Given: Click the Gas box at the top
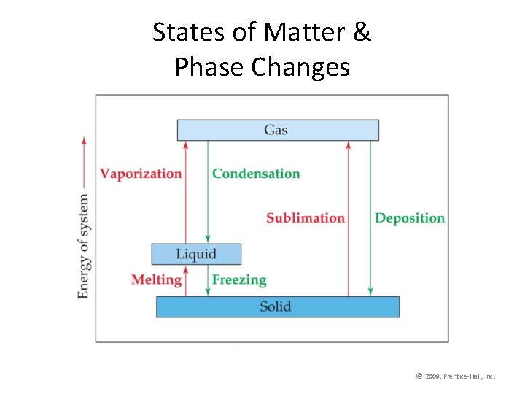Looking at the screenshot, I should click(x=277, y=130).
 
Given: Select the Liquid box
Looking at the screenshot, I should click(x=196, y=254).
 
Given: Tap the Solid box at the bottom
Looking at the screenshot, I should click(x=277, y=306).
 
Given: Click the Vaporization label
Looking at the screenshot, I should click(x=141, y=174).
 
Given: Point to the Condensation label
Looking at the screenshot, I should click(x=256, y=174).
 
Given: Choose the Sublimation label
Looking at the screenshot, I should click(x=305, y=218).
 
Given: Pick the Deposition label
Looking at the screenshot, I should click(x=409, y=218).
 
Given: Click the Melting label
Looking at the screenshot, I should click(x=156, y=279).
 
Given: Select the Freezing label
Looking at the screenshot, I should click(x=239, y=279).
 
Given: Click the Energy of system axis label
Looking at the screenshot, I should click(x=85, y=246).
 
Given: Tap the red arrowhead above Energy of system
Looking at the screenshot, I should click(x=85, y=141).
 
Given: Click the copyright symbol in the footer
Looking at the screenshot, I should click(x=419, y=376).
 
